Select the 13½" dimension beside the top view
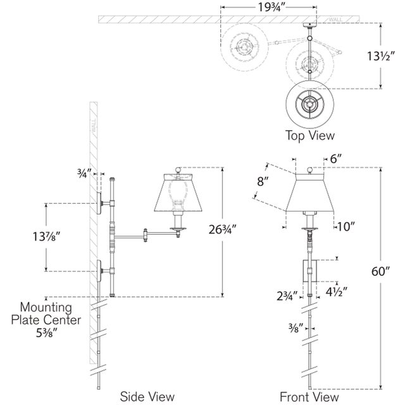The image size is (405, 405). pyautogui.click(x=381, y=56)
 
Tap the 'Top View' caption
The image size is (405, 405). pyautogui.click(x=309, y=135)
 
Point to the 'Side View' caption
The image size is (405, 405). pyautogui.click(x=147, y=397)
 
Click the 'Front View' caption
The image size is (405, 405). pyautogui.click(x=309, y=397)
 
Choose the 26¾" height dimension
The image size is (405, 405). pyautogui.click(x=222, y=229)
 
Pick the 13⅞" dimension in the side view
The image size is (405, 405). pyautogui.click(x=46, y=236)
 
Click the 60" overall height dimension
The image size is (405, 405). pyautogui.click(x=380, y=271)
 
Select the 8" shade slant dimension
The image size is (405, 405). pyautogui.click(x=263, y=182)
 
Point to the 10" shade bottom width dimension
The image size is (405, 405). pyautogui.click(x=346, y=227)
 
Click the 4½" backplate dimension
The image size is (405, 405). pyautogui.click(x=335, y=292)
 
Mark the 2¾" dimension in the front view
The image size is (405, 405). pyautogui.click(x=287, y=296)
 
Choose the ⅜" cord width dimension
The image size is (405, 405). pyautogui.click(x=294, y=328)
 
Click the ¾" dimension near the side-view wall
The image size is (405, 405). pyautogui.click(x=84, y=173)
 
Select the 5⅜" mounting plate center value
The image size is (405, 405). pyautogui.click(x=46, y=333)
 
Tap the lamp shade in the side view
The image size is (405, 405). pyautogui.click(x=178, y=192)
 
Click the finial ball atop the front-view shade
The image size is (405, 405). pyautogui.click(x=309, y=170)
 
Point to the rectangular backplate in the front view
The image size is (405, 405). pyautogui.click(x=309, y=271)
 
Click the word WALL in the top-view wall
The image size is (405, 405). pyautogui.click(x=335, y=20)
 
